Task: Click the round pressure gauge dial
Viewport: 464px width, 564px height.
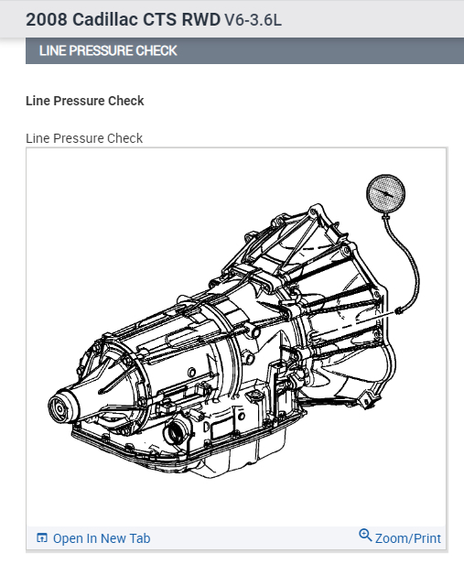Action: tap(385, 193)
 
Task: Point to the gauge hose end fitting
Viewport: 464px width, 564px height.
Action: tap(398, 310)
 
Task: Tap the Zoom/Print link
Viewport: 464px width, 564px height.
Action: tap(408, 538)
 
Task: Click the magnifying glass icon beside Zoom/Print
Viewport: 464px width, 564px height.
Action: tap(365, 536)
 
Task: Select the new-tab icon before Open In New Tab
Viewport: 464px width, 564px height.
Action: tap(42, 537)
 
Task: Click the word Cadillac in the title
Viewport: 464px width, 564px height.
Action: tap(105, 19)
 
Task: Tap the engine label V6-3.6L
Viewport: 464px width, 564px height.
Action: tap(253, 20)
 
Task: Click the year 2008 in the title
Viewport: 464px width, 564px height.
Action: tap(47, 19)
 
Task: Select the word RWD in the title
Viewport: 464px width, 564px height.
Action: tap(201, 19)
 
